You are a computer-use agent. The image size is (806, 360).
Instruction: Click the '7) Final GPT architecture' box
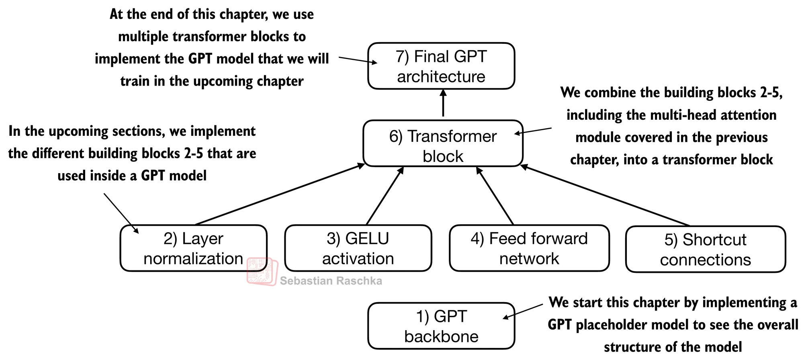tap(441, 66)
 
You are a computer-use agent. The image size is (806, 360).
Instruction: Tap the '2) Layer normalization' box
tap(193, 248)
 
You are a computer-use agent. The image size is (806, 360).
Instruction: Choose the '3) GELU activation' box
tap(358, 248)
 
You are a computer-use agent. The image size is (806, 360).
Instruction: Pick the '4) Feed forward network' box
tap(529, 248)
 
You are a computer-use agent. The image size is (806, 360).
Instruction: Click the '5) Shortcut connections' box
tap(705, 250)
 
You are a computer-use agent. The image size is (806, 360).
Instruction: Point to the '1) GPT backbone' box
tap(441, 326)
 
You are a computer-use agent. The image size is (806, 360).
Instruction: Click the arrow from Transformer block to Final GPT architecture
tap(443, 104)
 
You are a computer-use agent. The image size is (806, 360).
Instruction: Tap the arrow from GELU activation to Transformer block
tap(385, 196)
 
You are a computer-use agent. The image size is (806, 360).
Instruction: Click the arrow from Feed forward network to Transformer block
tap(495, 196)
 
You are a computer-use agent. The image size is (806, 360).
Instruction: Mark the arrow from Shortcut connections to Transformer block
tap(605, 195)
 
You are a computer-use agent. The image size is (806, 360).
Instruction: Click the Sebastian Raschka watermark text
tap(331, 281)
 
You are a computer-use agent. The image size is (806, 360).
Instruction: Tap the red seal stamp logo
tap(262, 272)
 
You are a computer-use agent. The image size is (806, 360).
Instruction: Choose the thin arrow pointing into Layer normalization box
tap(121, 213)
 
